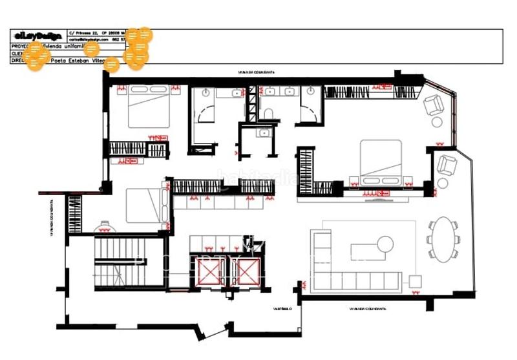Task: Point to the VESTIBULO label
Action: (x=281, y=309)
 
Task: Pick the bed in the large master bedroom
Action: (x=381, y=162)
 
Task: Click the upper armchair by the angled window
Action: (x=434, y=104)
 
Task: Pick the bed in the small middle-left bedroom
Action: (x=143, y=206)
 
